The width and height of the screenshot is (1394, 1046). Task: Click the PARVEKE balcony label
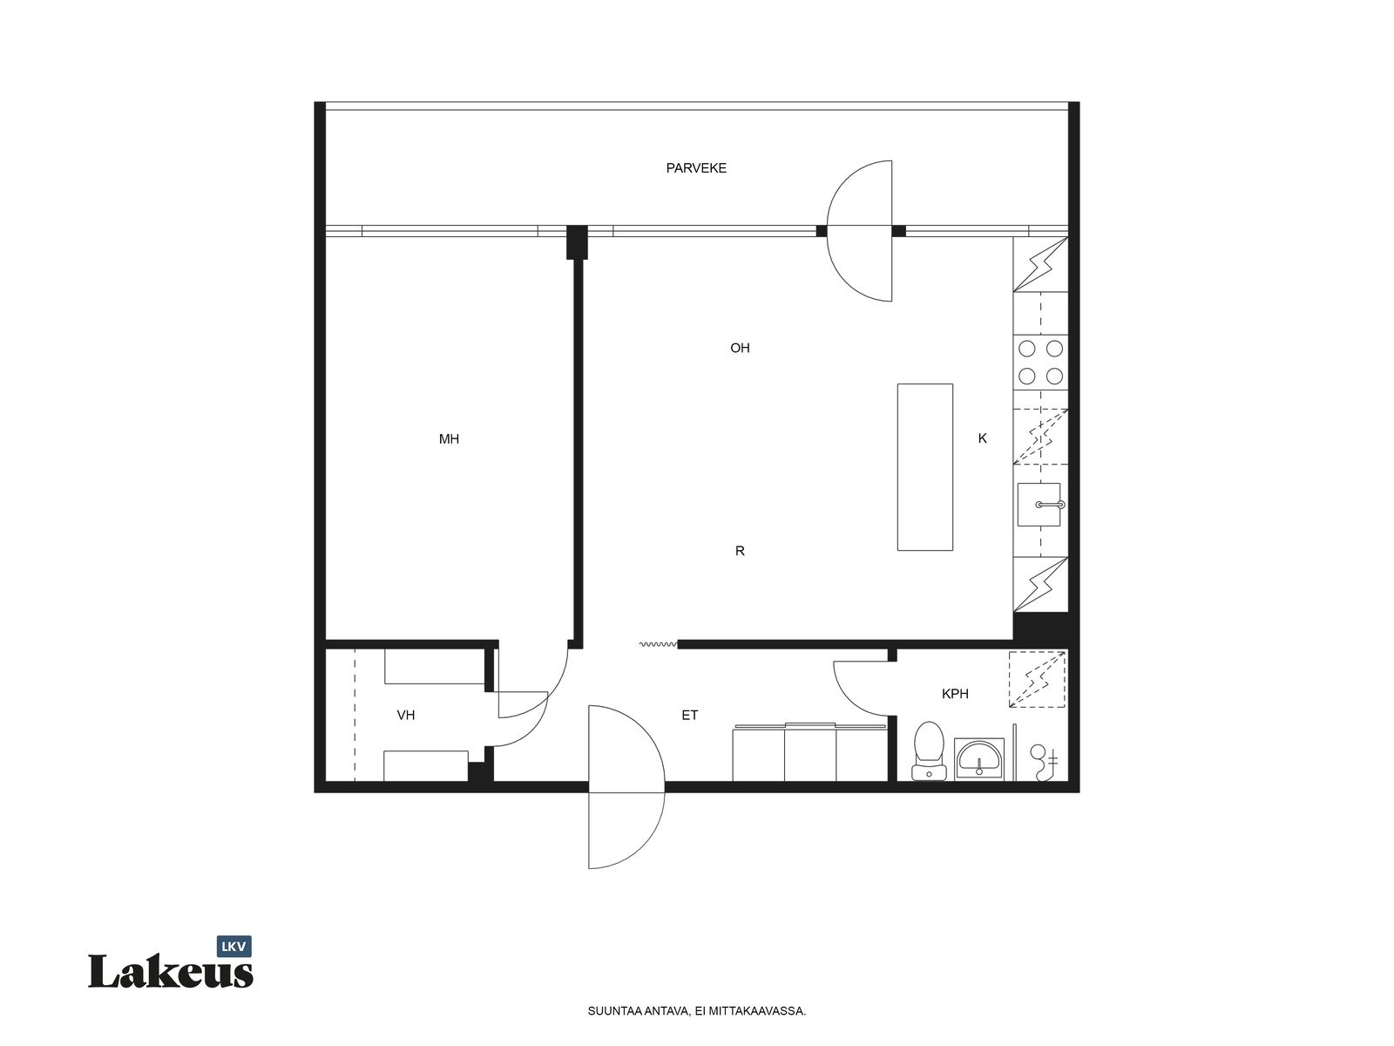[695, 168]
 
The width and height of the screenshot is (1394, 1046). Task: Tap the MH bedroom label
[449, 438]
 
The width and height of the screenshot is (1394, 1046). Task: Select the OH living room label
[740, 348]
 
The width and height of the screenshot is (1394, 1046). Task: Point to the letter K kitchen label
[982, 438]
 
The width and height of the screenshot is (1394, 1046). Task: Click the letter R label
[739, 551]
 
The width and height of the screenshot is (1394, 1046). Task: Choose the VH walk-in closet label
[406, 715]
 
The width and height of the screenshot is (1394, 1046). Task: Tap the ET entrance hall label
[690, 715]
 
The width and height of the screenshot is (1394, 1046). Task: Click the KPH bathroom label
[955, 694]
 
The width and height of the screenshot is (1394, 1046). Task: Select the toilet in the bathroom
[929, 750]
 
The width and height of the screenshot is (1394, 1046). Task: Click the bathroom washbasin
[978, 759]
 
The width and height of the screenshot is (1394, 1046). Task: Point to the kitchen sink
[1039, 505]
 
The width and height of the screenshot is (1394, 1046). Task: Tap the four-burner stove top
[1040, 363]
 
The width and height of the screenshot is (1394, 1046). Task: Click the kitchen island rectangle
[924, 467]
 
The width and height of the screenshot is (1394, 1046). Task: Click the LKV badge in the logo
[233, 947]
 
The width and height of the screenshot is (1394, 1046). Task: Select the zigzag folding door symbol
[658, 645]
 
